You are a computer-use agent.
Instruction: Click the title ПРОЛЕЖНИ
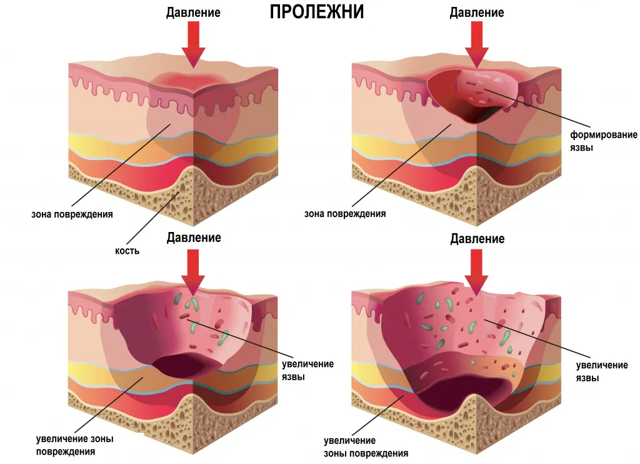click(x=317, y=13)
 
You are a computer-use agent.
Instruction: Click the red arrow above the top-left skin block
click(x=193, y=44)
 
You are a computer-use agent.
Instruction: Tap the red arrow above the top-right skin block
click(x=476, y=44)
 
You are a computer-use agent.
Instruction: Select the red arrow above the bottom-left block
click(x=193, y=272)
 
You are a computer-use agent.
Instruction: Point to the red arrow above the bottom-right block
click(x=476, y=272)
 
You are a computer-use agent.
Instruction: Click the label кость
click(x=127, y=250)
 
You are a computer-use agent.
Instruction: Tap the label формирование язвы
click(x=604, y=141)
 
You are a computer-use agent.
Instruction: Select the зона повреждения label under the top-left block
click(x=72, y=214)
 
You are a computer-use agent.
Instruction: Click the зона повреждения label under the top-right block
click(x=345, y=213)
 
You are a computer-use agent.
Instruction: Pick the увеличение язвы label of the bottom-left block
click(x=307, y=370)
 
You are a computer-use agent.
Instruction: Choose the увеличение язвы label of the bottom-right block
click(x=602, y=371)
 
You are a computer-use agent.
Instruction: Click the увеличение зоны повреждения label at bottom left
click(x=75, y=445)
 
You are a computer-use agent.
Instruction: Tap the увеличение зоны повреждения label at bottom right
click(x=366, y=447)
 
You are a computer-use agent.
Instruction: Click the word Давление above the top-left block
click(x=193, y=13)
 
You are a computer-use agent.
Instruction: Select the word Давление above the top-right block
click(x=477, y=13)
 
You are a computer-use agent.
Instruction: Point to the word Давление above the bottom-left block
click(x=194, y=237)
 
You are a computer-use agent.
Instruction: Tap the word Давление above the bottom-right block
click(x=477, y=238)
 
